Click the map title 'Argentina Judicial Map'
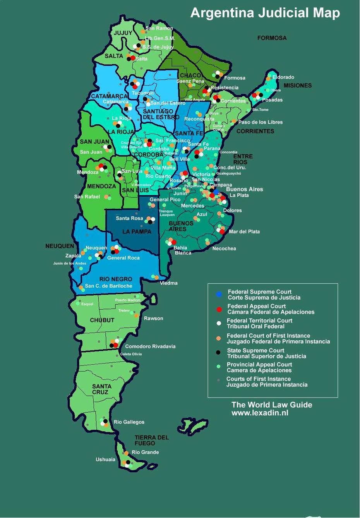(x=265, y=13)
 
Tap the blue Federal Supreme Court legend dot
(x=219, y=295)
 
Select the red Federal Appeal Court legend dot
(x=219, y=309)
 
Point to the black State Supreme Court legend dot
(x=218, y=352)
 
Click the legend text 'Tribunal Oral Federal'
(x=255, y=326)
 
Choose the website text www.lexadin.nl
(x=260, y=413)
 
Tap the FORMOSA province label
(x=272, y=38)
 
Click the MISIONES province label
(x=297, y=86)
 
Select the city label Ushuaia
(x=105, y=460)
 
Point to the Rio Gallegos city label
(x=129, y=422)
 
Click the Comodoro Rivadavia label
(x=150, y=346)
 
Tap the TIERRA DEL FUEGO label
(x=151, y=440)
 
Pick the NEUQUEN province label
(x=60, y=246)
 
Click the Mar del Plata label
(x=244, y=232)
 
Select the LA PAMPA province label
(x=137, y=232)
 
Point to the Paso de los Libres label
(x=260, y=122)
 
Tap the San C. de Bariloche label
(x=108, y=286)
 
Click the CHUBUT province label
(x=102, y=320)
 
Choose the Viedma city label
(x=168, y=283)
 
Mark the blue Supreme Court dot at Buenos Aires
(x=216, y=192)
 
